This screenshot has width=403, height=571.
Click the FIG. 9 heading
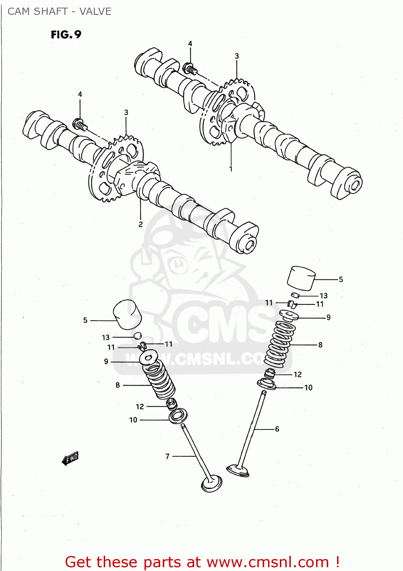pyautogui.click(x=66, y=35)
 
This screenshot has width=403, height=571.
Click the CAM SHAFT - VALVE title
pyautogui.click(x=59, y=11)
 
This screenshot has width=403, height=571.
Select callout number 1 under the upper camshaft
pyautogui.click(x=231, y=169)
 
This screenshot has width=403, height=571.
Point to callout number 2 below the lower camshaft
pyautogui.click(x=141, y=224)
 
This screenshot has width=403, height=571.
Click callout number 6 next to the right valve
pyautogui.click(x=277, y=429)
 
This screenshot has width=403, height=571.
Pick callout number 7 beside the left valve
pyautogui.click(x=167, y=456)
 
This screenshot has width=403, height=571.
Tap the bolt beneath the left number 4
pyautogui.click(x=79, y=124)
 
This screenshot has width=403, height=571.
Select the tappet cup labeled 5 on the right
pyautogui.click(x=301, y=278)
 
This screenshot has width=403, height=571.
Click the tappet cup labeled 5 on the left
pyautogui.click(x=127, y=315)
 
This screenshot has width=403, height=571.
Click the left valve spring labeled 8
pyautogui.click(x=160, y=381)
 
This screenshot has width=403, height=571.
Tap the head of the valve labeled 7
pyautogui.click(x=212, y=483)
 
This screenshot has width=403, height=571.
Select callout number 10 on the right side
pyautogui.click(x=308, y=388)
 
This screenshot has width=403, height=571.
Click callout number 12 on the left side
pyautogui.click(x=140, y=407)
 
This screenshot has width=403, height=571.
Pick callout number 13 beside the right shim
pyautogui.click(x=323, y=296)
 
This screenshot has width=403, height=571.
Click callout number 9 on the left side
pyautogui.click(x=106, y=361)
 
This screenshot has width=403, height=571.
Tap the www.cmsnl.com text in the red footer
pyautogui.click(x=268, y=562)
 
